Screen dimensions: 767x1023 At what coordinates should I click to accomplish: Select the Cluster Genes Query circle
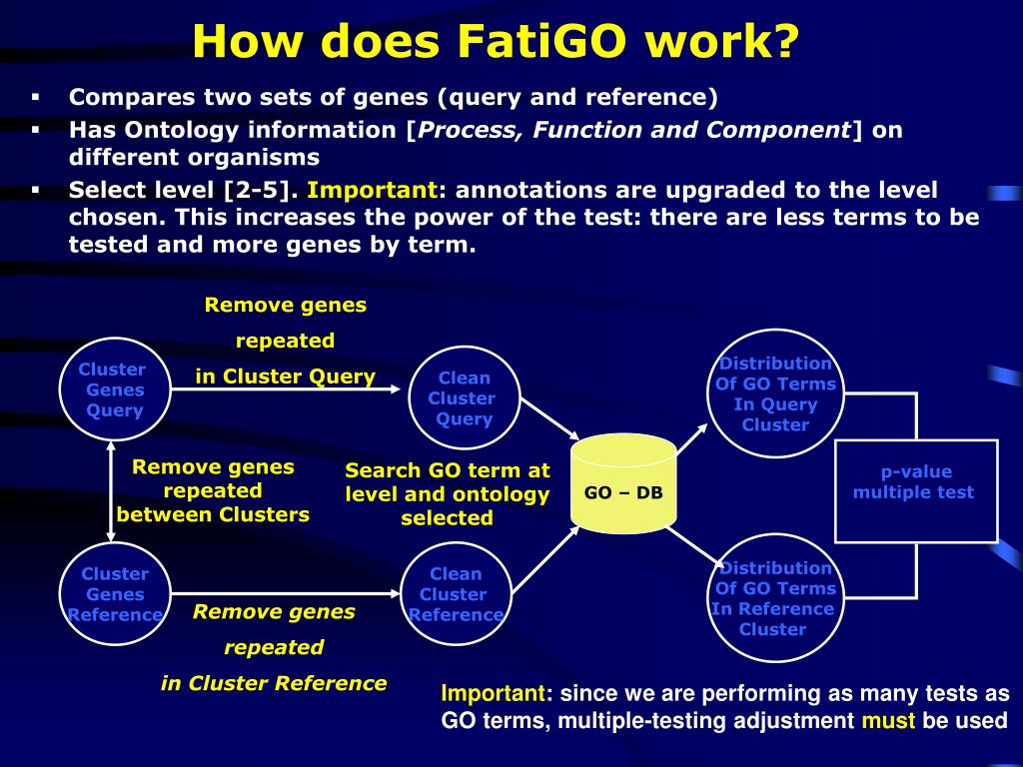114,389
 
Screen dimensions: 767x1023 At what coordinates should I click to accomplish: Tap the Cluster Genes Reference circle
114,594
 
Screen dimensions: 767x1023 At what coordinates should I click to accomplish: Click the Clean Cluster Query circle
465,397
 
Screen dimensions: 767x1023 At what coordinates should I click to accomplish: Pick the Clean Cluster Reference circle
456,594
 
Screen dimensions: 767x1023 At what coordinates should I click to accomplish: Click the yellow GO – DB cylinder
623,483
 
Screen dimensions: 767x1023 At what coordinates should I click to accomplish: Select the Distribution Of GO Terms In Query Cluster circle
775,393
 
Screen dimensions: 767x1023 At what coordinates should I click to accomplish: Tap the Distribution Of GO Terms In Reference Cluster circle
774,598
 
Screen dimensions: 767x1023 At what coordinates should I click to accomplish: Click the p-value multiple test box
915,489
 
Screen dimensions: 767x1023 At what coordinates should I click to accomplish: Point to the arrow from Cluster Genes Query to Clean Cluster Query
290,389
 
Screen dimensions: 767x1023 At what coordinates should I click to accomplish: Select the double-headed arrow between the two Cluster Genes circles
111,491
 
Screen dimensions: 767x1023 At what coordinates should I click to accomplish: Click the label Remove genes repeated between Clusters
213,490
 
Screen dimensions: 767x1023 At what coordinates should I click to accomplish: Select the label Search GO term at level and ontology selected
448,493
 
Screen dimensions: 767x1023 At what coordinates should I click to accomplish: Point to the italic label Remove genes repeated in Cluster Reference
274,647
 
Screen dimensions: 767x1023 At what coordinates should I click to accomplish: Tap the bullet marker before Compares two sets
35,98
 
